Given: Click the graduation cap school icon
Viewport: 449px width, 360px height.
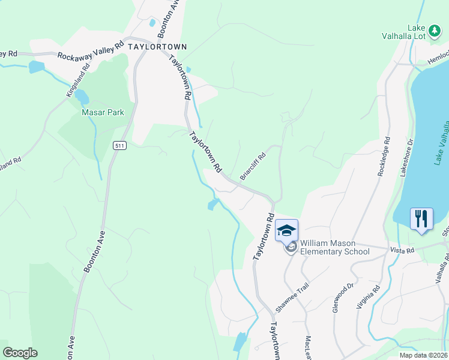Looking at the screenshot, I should point(286,230).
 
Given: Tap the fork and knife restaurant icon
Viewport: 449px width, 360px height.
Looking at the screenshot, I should point(421,218).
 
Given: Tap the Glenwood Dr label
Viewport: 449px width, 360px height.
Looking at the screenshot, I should point(340,298).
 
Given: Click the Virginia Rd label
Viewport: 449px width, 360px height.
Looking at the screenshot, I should point(368,297).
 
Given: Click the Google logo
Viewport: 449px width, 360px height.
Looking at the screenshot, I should point(20,353).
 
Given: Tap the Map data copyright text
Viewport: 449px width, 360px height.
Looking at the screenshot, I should point(423,355).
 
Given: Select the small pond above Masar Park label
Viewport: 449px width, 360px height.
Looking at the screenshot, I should point(80,97).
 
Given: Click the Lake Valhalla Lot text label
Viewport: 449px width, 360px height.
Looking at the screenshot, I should point(404,32).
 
